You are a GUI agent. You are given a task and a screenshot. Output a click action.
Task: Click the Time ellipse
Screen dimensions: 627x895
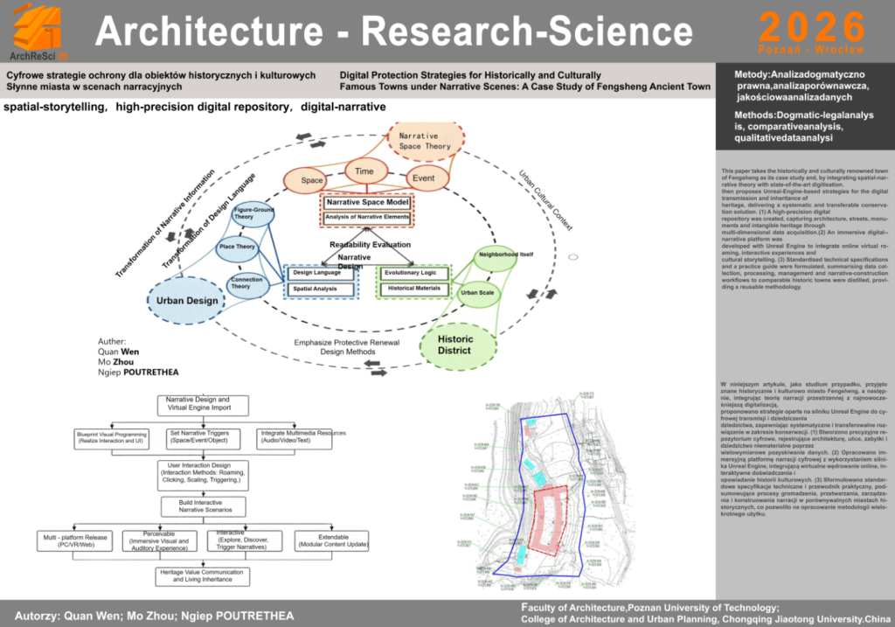point(364,171)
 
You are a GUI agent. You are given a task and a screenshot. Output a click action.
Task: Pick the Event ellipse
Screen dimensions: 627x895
point(423,178)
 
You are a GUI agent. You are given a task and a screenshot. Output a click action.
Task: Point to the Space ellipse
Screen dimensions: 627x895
point(312,180)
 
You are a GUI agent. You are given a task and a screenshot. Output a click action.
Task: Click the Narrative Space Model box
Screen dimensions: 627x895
point(366,202)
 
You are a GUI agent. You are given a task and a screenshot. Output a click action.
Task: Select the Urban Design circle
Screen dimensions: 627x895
point(187,301)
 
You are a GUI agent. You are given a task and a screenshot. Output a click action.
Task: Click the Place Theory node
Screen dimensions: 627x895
point(237,247)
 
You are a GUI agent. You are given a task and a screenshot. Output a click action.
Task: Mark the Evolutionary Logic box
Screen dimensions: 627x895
point(413,273)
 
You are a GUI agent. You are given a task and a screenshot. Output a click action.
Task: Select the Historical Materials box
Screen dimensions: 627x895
point(413,289)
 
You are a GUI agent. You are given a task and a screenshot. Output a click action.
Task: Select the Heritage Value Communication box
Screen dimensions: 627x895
point(202,575)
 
